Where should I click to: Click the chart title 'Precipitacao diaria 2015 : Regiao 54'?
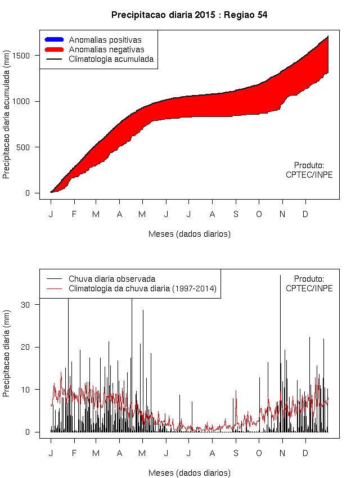tap(188, 15)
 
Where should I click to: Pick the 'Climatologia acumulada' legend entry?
tap(111, 58)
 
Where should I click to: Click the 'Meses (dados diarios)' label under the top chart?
tap(189, 233)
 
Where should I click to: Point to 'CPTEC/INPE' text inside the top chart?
tap(309, 175)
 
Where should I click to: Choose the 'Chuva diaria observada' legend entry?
tap(112, 278)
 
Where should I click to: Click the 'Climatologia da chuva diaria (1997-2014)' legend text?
tap(142, 288)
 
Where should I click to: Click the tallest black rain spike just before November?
tap(280, 337)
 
